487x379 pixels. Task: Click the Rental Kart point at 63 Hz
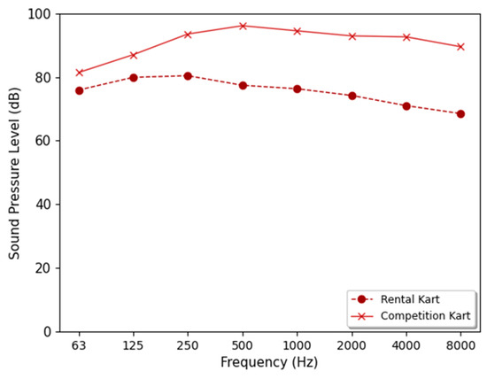(x=80, y=90)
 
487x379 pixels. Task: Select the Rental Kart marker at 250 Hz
(x=188, y=76)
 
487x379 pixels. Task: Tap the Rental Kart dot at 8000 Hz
(x=460, y=114)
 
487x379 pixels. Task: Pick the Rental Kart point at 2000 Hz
(x=352, y=96)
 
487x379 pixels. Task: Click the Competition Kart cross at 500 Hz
(x=243, y=26)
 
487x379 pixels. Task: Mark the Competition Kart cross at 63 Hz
(x=80, y=73)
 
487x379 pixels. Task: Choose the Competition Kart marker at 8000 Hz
(x=460, y=47)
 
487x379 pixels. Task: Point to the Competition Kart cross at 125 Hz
(x=134, y=55)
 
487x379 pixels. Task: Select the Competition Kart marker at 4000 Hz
(x=406, y=37)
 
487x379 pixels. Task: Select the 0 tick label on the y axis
(x=48, y=332)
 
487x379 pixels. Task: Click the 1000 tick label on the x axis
(x=297, y=344)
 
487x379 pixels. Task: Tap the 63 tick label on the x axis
(x=80, y=344)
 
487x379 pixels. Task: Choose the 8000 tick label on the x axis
(x=460, y=344)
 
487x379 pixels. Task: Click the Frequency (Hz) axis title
(x=270, y=362)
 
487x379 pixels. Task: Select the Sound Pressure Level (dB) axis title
(x=15, y=173)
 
